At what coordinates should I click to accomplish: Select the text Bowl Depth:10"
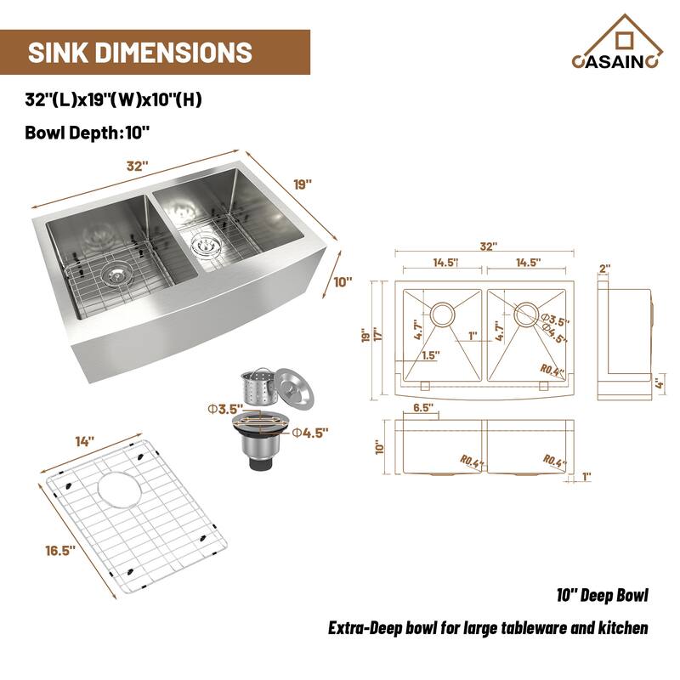[88, 132]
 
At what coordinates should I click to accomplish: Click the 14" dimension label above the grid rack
[84, 442]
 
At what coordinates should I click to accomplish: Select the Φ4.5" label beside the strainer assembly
[310, 433]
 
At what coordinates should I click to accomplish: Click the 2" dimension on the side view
[605, 269]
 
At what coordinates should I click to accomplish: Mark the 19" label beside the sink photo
[303, 183]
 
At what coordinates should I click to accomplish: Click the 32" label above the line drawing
[487, 246]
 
